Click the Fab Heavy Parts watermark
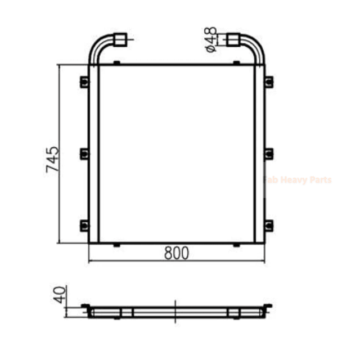pos(298,180)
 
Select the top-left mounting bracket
pos(84,82)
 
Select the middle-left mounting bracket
pos(84,153)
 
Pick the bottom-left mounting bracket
pos(84,226)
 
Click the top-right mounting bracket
pos(268,82)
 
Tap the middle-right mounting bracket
pos(268,153)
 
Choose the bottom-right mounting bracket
pos(268,226)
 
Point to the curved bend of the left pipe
pos(97,44)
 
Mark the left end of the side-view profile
pos(86,308)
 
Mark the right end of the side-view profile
pos(268,308)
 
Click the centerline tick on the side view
pos(176,311)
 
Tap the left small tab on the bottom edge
pos(116,245)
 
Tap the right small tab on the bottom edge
pos(237,245)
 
